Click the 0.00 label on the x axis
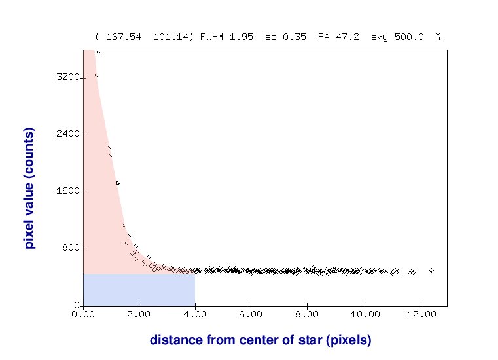tap(83, 315)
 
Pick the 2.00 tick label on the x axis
tap(139, 315)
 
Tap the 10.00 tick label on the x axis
tap(365, 315)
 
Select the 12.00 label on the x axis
tap(421, 315)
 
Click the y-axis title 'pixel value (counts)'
tap(29, 189)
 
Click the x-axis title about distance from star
tap(260, 340)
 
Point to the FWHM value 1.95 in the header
tap(243, 37)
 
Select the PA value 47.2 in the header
tap(347, 37)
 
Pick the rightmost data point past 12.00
tap(431, 270)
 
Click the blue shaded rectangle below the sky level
tap(139, 289)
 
